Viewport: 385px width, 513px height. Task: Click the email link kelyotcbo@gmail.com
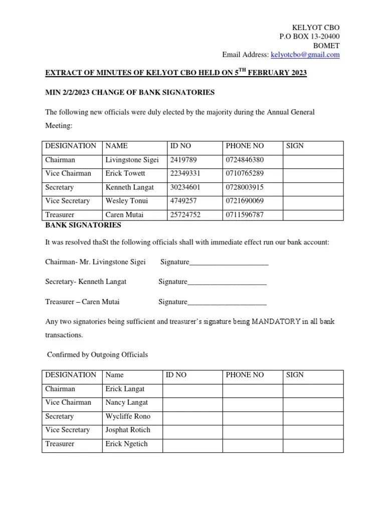tap(305, 55)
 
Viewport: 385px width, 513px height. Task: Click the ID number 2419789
tap(183, 160)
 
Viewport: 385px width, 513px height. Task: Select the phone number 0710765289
tap(245, 173)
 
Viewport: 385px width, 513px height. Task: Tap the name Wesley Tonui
tap(126, 201)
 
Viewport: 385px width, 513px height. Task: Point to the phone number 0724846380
tap(245, 160)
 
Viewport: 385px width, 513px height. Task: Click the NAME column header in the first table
tap(116, 146)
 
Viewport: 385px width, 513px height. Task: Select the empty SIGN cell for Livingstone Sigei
tap(313, 160)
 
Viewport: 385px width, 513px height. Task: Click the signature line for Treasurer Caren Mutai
tap(227, 302)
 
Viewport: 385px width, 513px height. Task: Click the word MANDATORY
tap(276, 321)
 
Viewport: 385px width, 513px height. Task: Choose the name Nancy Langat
tap(126, 402)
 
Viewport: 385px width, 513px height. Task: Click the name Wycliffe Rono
tap(127, 416)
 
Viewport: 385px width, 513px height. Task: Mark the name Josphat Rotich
tap(127, 430)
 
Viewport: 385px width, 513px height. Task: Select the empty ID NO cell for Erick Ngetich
tap(192, 444)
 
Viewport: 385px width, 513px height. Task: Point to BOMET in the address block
tap(326, 46)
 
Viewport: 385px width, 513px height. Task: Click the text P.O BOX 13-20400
tap(309, 37)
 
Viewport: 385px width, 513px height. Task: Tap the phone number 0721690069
tap(245, 201)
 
